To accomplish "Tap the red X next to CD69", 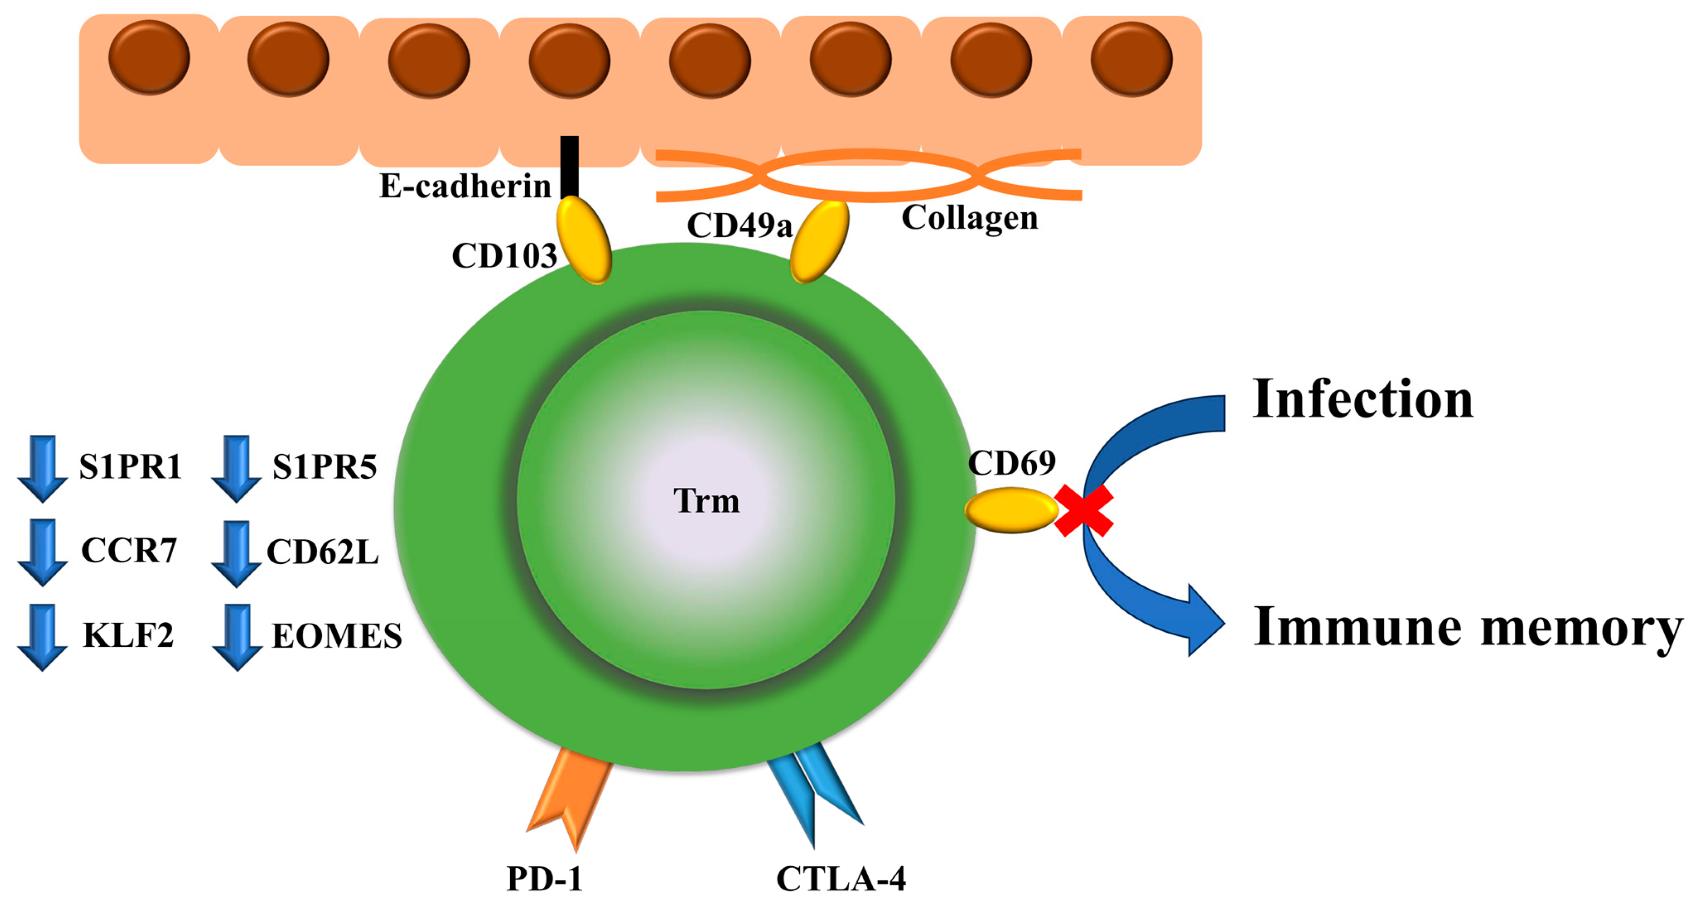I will click(1083, 510).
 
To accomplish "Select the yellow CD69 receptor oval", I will click(1011, 510).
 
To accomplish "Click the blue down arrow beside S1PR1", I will click(42, 468).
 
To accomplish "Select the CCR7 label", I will click(129, 550).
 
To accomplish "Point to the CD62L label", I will click(323, 552).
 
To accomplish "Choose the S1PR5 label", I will click(324, 467).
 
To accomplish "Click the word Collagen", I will click(970, 217).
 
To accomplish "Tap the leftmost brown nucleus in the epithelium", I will click(149, 57).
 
